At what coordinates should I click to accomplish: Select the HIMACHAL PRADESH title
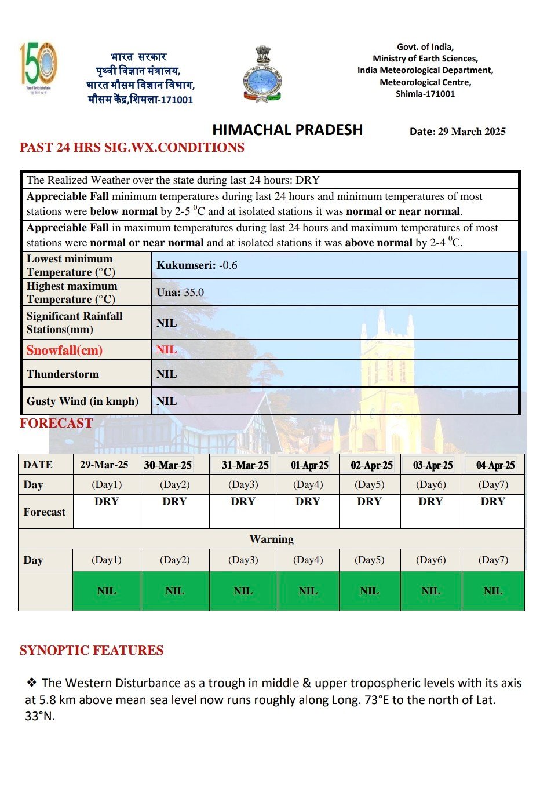pos(287,130)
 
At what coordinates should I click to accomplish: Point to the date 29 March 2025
pos(457,132)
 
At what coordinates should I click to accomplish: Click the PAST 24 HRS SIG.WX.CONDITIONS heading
pos(132,148)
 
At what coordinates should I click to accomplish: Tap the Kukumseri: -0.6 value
pos(197,265)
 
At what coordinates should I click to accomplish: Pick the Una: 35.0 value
pos(180,293)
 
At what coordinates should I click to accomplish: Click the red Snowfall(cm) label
pos(64,350)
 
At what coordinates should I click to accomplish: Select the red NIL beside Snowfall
pos(167,350)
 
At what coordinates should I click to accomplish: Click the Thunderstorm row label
pos(63,374)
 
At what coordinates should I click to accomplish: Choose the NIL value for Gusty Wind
pos(167,402)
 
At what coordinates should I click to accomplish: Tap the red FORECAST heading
pos(56,424)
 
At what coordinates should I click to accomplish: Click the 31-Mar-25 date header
pos(245,465)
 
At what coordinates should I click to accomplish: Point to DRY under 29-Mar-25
pos(107,502)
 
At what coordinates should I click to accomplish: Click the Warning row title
pos(271,539)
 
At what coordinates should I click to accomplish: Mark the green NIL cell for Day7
pos(493,591)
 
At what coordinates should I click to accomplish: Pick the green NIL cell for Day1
pos(107,591)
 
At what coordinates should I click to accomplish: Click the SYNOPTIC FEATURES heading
pos(92,651)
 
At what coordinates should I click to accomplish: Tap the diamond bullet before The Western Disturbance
pos(31,683)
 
